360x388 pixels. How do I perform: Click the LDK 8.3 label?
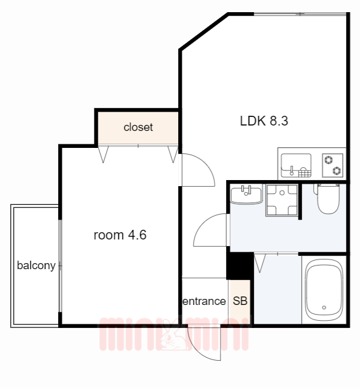(x=264, y=121)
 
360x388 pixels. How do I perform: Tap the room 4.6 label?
(x=120, y=235)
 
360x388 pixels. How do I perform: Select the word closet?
(x=138, y=127)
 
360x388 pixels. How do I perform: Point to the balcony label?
(x=36, y=266)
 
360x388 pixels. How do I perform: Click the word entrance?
(x=204, y=301)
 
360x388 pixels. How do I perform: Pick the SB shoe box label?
(x=240, y=301)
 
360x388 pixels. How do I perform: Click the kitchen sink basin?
(x=296, y=166)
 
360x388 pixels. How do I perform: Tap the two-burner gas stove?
(x=333, y=166)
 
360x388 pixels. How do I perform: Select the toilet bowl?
(x=328, y=199)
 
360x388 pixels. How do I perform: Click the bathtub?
(x=324, y=290)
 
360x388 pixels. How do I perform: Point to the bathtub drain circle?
(x=324, y=307)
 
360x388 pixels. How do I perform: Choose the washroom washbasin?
(x=246, y=195)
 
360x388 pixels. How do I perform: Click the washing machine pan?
(x=282, y=200)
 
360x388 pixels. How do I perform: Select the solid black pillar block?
(x=239, y=266)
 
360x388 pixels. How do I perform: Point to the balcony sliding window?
(x=60, y=266)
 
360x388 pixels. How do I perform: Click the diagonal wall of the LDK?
(x=204, y=32)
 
